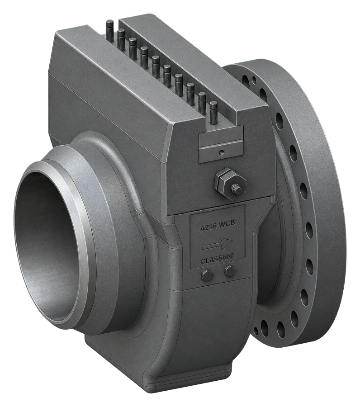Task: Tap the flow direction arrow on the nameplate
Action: [x=218, y=244]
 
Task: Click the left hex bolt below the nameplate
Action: [x=208, y=276]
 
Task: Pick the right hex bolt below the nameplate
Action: [x=230, y=271]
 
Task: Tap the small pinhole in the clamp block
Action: [x=221, y=152]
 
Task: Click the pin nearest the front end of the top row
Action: [x=213, y=114]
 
